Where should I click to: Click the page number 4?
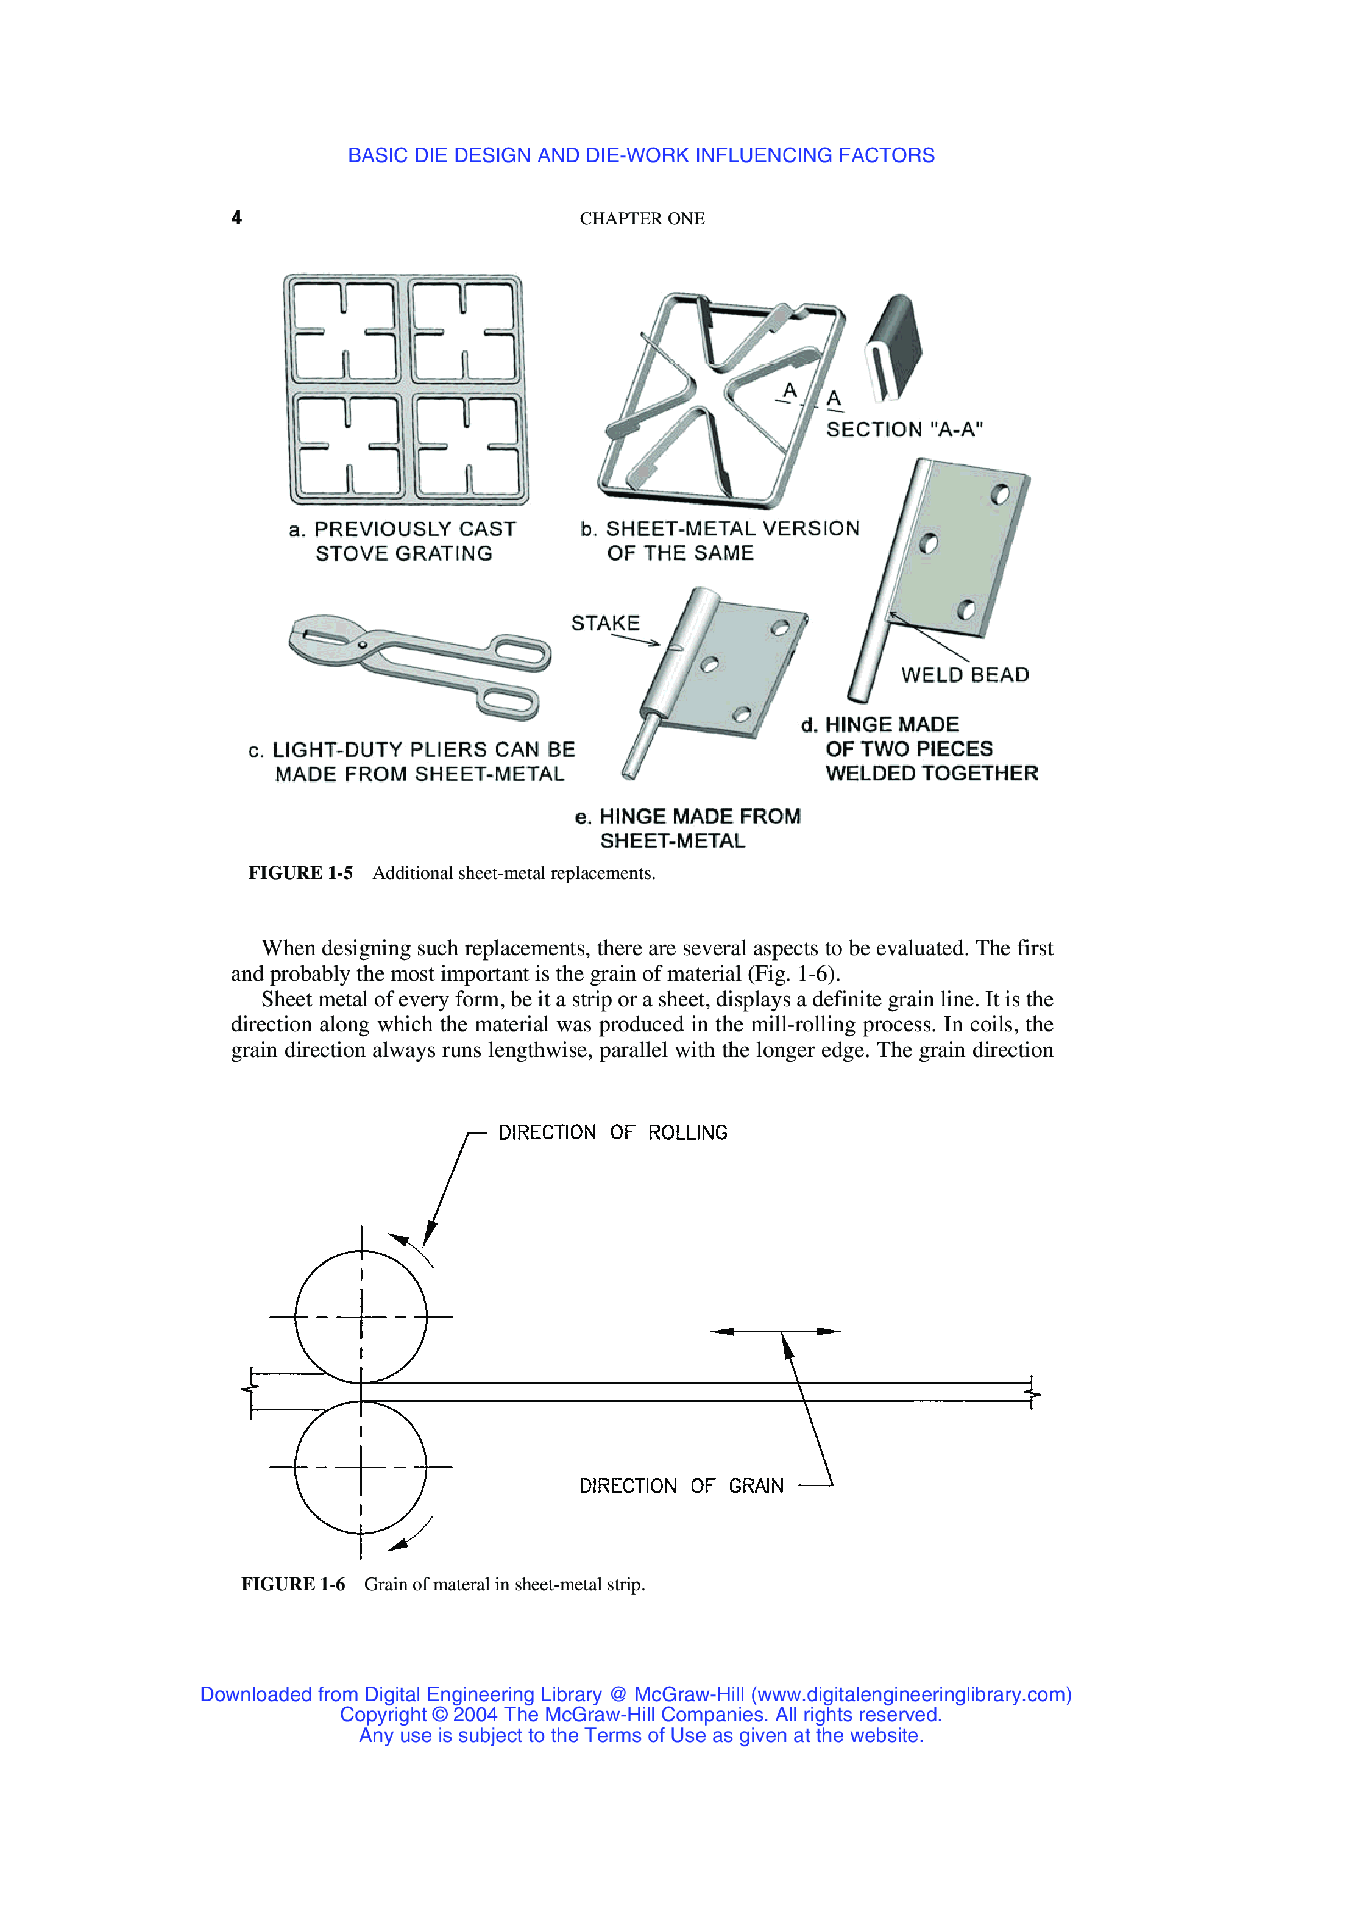tap(236, 218)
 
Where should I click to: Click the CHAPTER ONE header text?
tap(642, 219)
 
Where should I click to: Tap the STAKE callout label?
tap(604, 623)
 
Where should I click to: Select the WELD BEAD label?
tap(964, 675)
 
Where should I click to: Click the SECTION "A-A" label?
tap(904, 430)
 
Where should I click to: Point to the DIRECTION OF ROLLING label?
tap(613, 1132)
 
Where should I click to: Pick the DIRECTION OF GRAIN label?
tap(681, 1486)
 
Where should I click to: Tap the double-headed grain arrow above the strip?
tap(775, 1331)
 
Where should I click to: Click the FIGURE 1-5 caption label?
tap(300, 873)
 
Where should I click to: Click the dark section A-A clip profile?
tap(893, 346)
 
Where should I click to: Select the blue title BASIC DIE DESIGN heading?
tap(641, 155)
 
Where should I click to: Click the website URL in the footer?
tap(911, 1694)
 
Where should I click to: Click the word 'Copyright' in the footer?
tap(383, 1715)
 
